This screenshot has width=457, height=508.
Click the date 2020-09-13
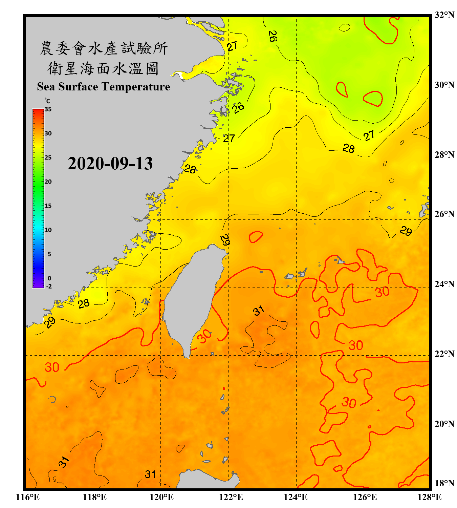pyautogui.click(x=110, y=163)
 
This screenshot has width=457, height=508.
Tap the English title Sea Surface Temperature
pyautogui.click(x=104, y=87)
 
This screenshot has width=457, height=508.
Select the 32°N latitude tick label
pyautogui.click(x=444, y=15)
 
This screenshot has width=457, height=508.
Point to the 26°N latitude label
pyautogui.click(x=444, y=214)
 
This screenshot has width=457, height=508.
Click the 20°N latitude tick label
pyautogui.click(x=444, y=424)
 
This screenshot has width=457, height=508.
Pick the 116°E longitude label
pyautogui.click(x=28, y=497)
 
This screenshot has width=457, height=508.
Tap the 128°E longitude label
pyautogui.click(x=429, y=497)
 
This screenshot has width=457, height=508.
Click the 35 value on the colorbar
pyautogui.click(x=48, y=109)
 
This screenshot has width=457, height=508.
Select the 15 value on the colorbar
pyautogui.click(x=48, y=206)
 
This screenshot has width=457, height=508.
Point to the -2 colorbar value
pyautogui.click(x=49, y=287)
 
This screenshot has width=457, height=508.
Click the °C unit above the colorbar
pyautogui.click(x=47, y=101)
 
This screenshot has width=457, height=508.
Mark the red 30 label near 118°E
pyautogui.click(x=52, y=367)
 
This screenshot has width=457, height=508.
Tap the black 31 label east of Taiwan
pyautogui.click(x=259, y=311)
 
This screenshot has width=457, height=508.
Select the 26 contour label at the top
pyautogui.click(x=273, y=36)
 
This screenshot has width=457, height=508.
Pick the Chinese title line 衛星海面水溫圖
pyautogui.click(x=103, y=68)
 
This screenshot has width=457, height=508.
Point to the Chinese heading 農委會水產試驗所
pyautogui.click(x=104, y=48)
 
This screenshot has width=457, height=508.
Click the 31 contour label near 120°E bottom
pyautogui.click(x=150, y=474)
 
